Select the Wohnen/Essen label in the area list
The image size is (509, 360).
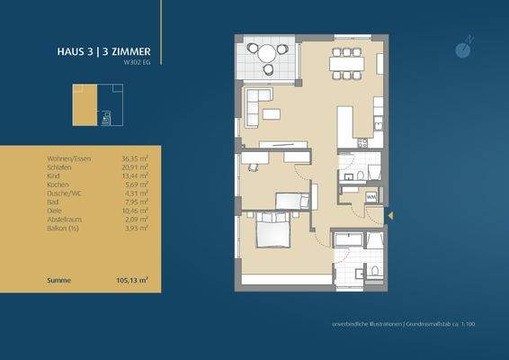tap(67, 159)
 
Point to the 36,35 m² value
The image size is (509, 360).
tap(134, 159)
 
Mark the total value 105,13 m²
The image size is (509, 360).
tap(133, 280)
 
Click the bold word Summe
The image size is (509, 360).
tap(58, 280)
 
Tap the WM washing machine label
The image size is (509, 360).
tap(371, 195)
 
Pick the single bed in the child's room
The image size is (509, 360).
tap(293, 201)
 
